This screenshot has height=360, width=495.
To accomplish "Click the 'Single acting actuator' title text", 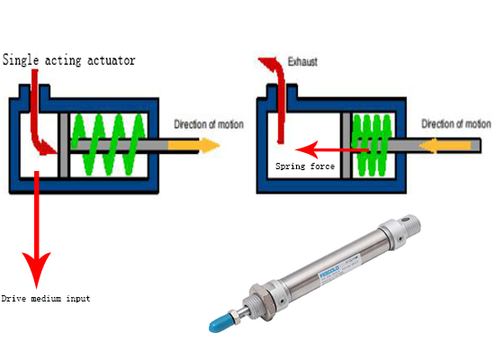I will click(68, 60).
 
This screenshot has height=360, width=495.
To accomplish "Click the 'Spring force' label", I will click(305, 166).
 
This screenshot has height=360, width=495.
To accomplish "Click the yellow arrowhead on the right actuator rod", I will click(430, 143).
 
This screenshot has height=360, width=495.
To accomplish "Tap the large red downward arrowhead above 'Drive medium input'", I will click(37, 265).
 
